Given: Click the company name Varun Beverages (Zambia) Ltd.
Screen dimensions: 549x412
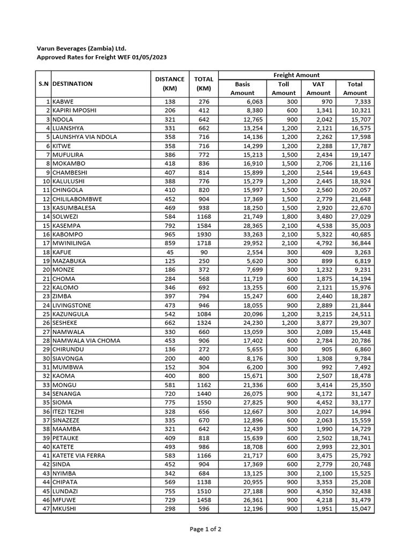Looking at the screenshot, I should click(81, 48).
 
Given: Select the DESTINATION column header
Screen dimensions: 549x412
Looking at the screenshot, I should click(72, 84).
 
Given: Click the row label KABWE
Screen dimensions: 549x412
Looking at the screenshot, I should click(63, 102).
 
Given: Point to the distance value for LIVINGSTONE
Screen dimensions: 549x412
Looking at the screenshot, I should click(170, 305).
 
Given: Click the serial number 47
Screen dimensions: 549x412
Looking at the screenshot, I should click(46, 509).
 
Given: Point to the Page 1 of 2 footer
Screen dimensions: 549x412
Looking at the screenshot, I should click(205, 529).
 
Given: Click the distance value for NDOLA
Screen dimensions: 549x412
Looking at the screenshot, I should click(170, 120).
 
